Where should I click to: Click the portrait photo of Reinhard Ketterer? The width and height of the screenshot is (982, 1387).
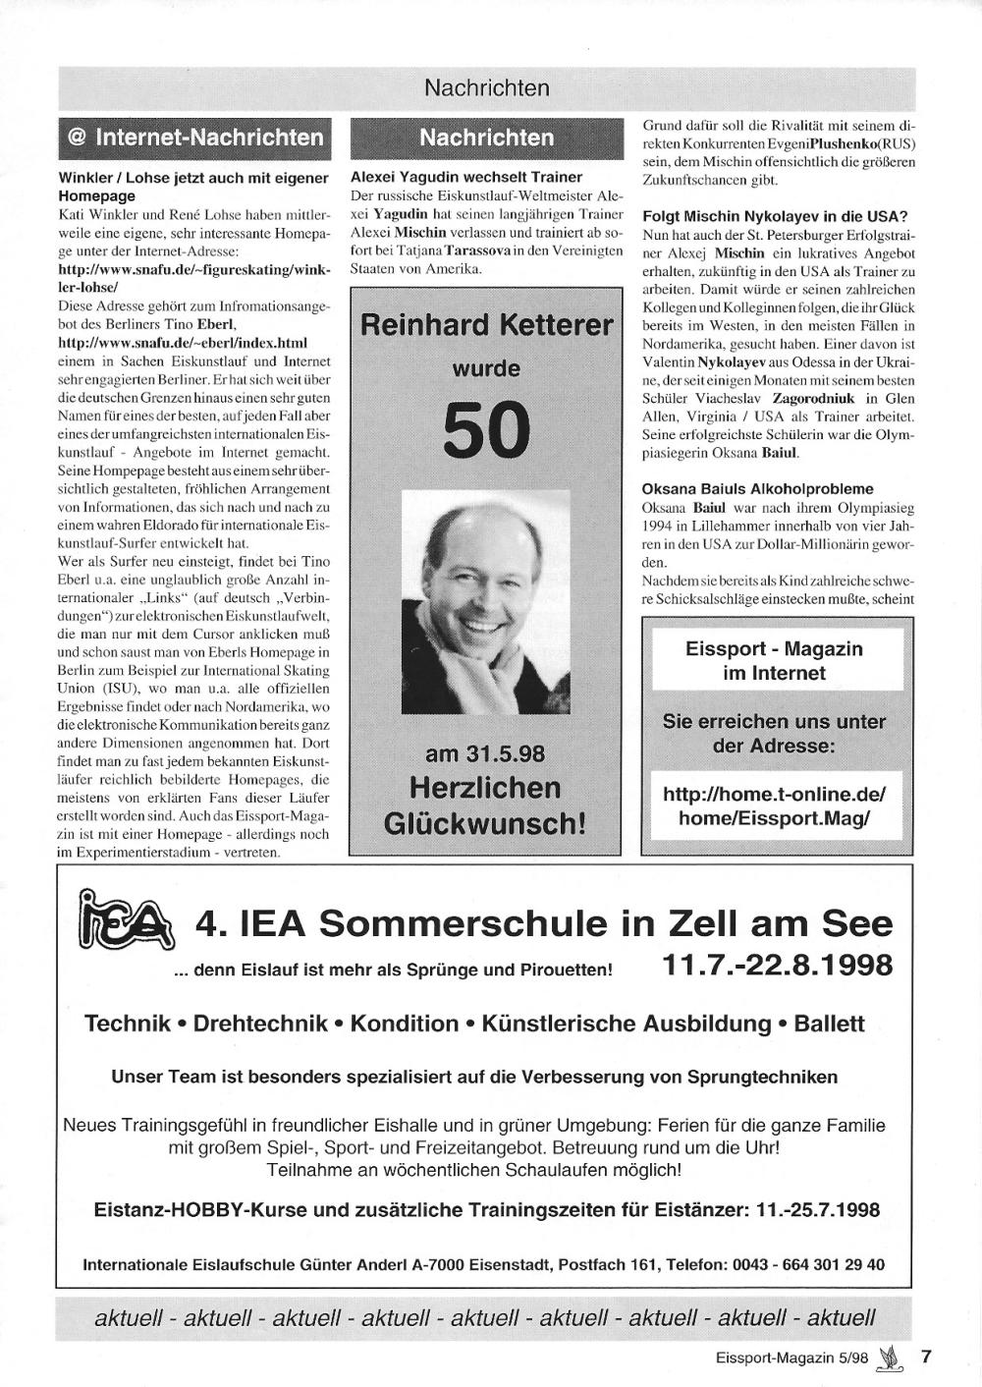pyautogui.click(x=486, y=602)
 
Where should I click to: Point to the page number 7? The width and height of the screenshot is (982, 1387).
pyautogui.click(x=925, y=1357)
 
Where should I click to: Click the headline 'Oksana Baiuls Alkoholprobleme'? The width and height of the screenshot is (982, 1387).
pyautogui.click(x=757, y=488)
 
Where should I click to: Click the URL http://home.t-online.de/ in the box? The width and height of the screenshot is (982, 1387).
pyautogui.click(x=774, y=794)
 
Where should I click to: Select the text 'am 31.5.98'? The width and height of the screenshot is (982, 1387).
pyautogui.click(x=485, y=753)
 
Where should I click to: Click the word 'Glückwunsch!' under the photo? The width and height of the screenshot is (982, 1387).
pyautogui.click(x=485, y=822)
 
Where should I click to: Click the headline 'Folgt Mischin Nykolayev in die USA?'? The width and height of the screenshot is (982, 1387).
pyautogui.click(x=775, y=216)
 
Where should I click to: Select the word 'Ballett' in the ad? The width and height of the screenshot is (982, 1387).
pyautogui.click(x=829, y=1024)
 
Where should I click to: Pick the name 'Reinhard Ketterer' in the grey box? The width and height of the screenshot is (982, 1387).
pyautogui.click(x=486, y=324)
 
